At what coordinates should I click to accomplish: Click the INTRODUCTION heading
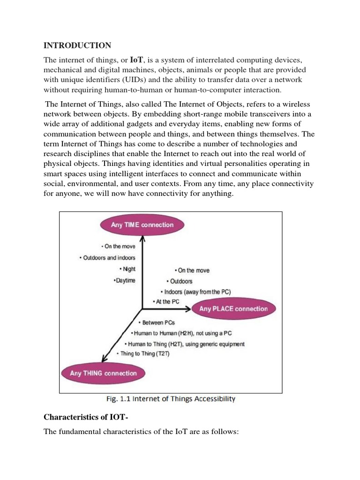pos(77,45)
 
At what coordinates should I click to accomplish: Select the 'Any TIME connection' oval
pos(142,225)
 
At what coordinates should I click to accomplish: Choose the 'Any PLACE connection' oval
pos(233,309)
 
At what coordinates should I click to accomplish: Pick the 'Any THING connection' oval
pos(103,374)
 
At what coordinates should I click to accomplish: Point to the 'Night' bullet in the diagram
pos(128,269)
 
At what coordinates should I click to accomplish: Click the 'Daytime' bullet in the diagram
pos(124,280)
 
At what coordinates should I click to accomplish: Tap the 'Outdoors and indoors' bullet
pos(107,258)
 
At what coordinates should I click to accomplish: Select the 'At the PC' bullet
pos(166,302)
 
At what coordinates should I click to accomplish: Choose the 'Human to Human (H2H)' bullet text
pos(182,333)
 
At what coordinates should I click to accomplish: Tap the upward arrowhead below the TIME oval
pos(142,240)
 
